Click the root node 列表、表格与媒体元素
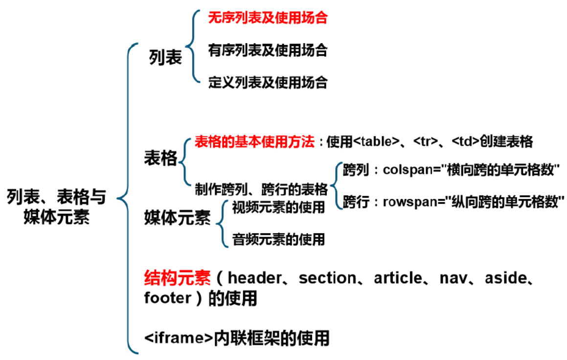(x=56, y=206)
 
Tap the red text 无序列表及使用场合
(x=267, y=19)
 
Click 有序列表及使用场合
(x=267, y=50)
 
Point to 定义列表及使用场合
(x=267, y=82)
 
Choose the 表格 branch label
(x=160, y=158)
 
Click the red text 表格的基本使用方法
(x=254, y=142)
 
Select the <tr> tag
(x=425, y=142)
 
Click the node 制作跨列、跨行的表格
(x=261, y=189)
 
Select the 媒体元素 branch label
(x=177, y=217)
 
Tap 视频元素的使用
(x=278, y=207)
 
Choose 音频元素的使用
(x=278, y=239)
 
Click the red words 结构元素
(x=177, y=278)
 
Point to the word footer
(x=167, y=297)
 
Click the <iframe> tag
(x=179, y=337)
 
